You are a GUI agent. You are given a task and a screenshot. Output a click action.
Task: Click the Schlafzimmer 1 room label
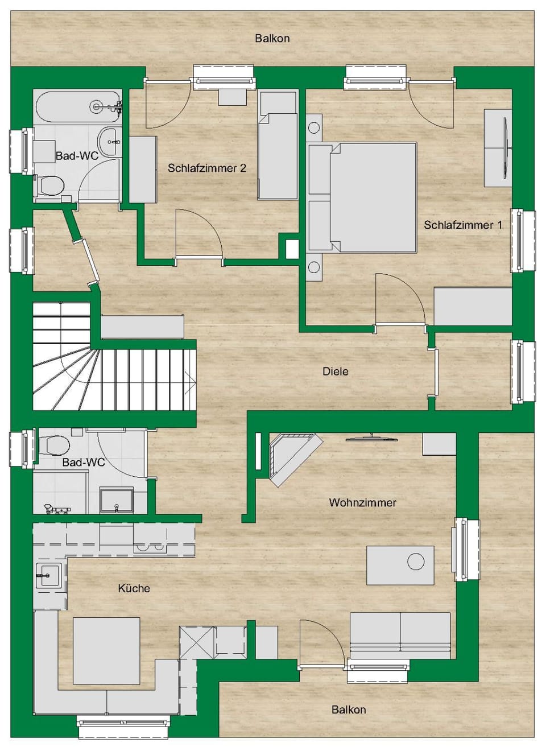click(462, 225)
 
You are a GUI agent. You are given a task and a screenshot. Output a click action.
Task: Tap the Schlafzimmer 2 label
click(206, 168)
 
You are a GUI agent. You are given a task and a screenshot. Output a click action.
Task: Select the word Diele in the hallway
click(335, 371)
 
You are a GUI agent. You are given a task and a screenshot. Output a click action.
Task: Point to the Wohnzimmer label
click(362, 502)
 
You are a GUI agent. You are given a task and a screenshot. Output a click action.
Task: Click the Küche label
click(134, 588)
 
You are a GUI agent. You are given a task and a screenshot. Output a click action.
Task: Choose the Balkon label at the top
click(272, 38)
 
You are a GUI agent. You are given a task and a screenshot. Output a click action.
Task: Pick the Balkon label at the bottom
click(348, 709)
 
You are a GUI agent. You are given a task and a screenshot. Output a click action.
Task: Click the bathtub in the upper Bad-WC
click(78, 106)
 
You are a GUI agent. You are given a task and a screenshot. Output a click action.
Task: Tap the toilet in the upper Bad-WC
click(51, 185)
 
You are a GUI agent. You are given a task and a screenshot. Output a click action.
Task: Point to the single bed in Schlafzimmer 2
click(278, 154)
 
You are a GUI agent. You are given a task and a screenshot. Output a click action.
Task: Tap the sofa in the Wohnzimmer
click(400, 635)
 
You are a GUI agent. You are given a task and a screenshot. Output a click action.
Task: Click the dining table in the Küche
click(106, 651)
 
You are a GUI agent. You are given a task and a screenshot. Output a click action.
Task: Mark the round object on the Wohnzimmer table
click(416, 562)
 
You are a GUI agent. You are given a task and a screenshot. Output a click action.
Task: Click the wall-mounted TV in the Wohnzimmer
click(371, 438)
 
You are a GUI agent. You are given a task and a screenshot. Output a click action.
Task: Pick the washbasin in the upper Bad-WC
click(110, 141)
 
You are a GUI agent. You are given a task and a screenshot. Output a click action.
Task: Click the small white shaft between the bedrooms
click(292, 249)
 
